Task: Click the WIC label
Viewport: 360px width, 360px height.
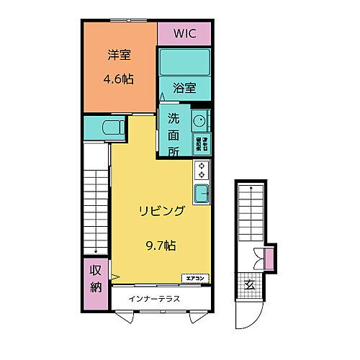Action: (x=184, y=34)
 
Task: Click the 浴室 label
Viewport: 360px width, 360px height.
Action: (x=184, y=89)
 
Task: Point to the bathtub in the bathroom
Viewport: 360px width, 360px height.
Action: (x=184, y=63)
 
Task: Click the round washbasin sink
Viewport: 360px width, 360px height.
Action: (x=199, y=120)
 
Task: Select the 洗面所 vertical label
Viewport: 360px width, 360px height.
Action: (x=174, y=134)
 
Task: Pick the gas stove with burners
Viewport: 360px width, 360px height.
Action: (x=201, y=171)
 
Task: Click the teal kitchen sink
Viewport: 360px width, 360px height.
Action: (x=201, y=194)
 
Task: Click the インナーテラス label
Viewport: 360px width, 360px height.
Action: (x=154, y=298)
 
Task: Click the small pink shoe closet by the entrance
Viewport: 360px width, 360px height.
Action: (x=269, y=257)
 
